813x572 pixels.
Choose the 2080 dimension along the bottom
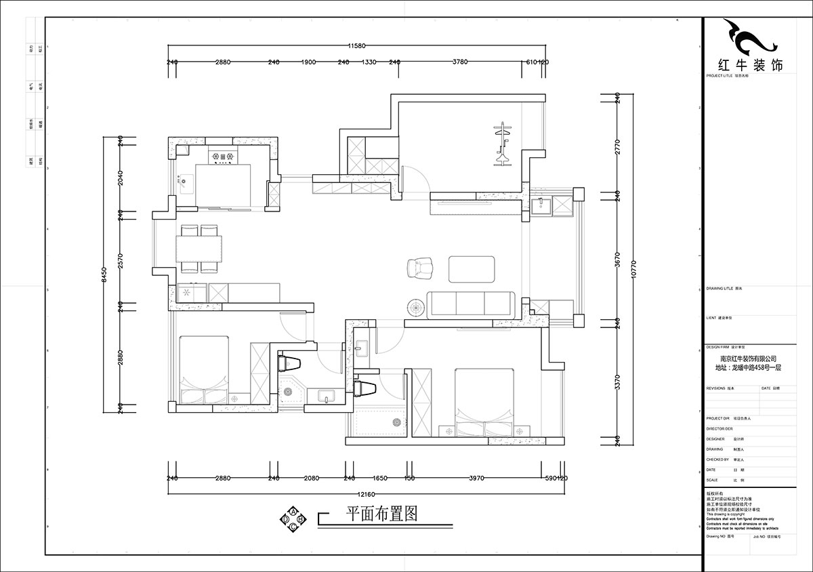(x=311, y=478)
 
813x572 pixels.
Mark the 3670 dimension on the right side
(x=617, y=258)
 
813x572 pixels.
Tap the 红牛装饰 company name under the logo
(x=749, y=66)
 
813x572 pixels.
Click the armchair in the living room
(x=420, y=268)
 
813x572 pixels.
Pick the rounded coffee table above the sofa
(x=472, y=268)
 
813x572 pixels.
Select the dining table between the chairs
(x=199, y=248)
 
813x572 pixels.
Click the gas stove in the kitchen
(x=224, y=157)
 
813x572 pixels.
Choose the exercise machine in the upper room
(x=502, y=144)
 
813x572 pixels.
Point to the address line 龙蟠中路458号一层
(x=748, y=368)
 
